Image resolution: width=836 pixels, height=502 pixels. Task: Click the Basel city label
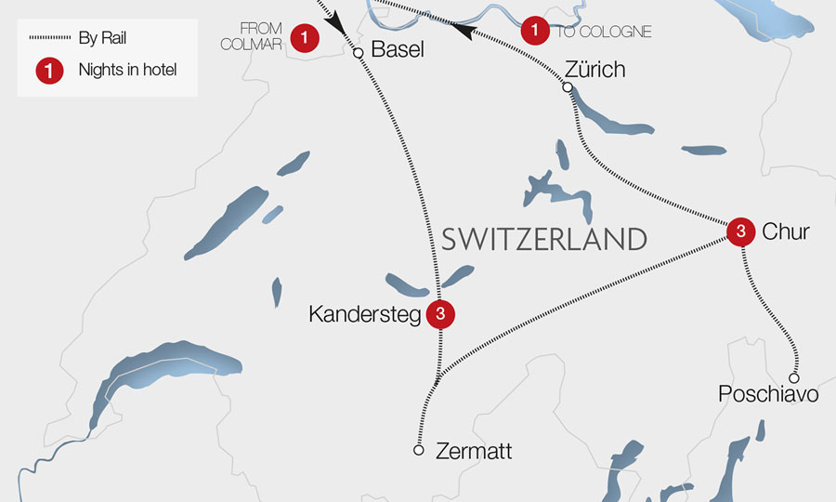(397, 50)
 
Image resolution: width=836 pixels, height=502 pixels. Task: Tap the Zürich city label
(594, 69)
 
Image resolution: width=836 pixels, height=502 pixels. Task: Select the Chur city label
(786, 232)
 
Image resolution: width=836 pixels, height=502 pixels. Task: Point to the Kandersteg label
(364, 315)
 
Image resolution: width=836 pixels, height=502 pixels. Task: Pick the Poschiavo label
(768, 395)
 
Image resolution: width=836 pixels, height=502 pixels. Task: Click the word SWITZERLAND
(543, 239)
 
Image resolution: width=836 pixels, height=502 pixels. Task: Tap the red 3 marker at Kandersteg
(440, 314)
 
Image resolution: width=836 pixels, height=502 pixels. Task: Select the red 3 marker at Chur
(739, 231)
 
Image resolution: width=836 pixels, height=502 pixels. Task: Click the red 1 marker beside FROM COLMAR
(305, 38)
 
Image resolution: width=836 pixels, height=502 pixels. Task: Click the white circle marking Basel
(358, 53)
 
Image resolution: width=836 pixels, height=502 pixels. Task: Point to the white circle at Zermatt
(419, 450)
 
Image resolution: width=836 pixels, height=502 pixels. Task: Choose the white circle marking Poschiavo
(794, 377)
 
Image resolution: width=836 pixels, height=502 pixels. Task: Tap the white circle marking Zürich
(568, 87)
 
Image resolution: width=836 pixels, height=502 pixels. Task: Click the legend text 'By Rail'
(102, 38)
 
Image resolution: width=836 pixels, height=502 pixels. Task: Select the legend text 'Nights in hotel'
(127, 69)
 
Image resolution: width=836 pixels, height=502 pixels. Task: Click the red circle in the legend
(49, 70)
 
